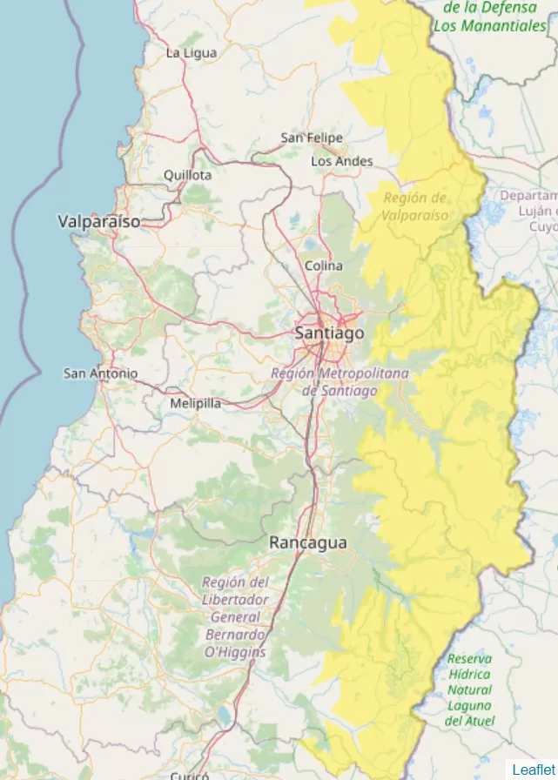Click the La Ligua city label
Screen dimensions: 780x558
(191, 53)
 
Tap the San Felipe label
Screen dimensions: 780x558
(311, 138)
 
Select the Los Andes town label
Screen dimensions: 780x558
(341, 161)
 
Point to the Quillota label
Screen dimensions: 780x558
(187, 175)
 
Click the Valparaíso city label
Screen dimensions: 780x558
(98, 222)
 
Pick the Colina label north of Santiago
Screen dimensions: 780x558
(323, 266)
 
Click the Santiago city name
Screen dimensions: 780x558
(329, 333)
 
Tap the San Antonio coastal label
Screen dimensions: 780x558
(100, 373)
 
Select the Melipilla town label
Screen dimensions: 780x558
(195, 403)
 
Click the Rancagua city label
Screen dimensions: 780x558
(307, 542)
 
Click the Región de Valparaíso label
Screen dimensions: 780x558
(415, 206)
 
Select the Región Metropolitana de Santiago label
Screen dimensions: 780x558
(340, 382)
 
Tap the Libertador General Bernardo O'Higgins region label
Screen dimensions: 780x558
(235, 616)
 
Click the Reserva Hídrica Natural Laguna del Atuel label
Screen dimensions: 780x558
(469, 689)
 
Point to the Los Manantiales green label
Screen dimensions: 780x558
(489, 26)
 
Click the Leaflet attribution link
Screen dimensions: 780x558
(532, 769)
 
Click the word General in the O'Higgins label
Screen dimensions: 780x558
(235, 617)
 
